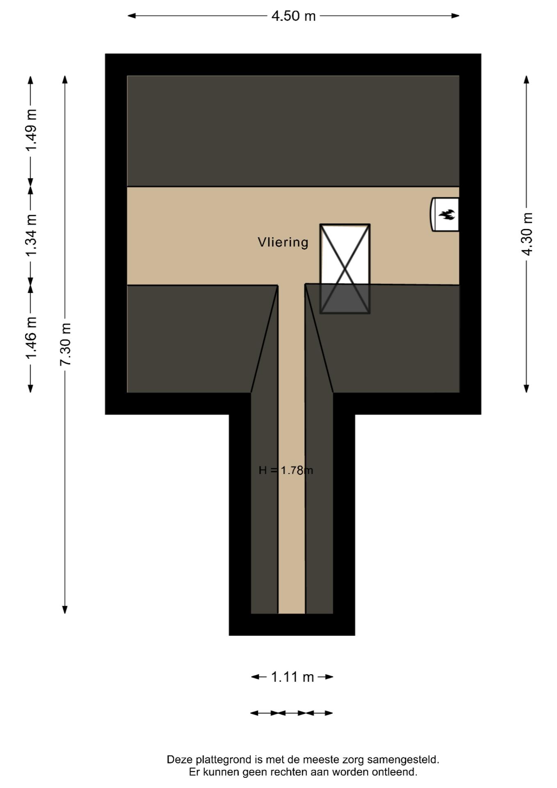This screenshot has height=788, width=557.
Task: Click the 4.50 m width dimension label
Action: (293, 16)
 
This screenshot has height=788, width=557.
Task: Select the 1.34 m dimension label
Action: (31, 235)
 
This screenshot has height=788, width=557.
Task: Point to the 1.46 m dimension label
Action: (31, 337)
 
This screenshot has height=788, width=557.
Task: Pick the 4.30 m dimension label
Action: (527, 234)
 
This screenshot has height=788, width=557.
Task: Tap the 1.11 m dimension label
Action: (292, 677)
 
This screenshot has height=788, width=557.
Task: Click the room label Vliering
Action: (283, 242)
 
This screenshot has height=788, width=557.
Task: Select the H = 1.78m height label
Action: (286, 470)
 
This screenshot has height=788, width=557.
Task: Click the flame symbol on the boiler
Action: (447, 214)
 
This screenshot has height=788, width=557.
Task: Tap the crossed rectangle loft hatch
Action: (345, 269)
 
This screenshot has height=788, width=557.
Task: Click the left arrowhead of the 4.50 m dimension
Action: (132, 16)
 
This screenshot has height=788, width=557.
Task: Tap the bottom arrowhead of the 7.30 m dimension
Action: (65, 609)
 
